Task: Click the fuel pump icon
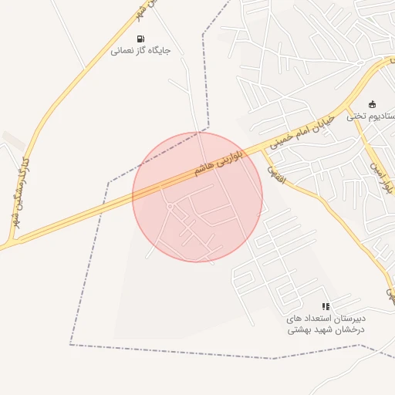140,39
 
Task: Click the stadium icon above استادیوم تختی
373,104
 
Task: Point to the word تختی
356,116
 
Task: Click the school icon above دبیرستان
326,306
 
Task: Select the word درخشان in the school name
347,329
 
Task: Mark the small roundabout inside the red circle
170,207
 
